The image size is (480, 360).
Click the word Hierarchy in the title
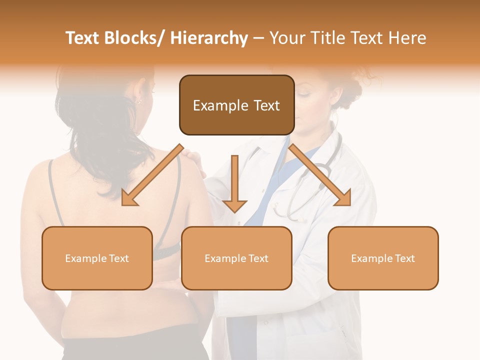209,38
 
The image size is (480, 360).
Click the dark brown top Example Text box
236,105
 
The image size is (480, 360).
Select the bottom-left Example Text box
97,258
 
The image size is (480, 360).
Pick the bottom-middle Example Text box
236,258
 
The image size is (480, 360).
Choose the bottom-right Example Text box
383,258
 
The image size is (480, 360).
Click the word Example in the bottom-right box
367,258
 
